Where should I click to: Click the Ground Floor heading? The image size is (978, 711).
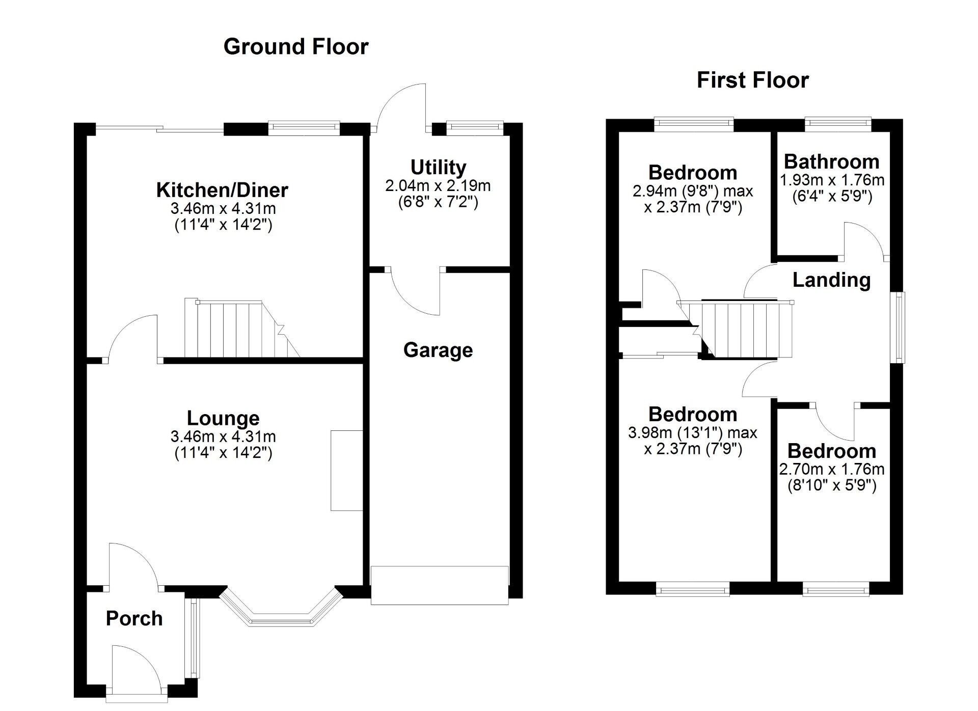click(x=295, y=47)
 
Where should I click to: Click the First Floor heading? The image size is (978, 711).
click(x=752, y=80)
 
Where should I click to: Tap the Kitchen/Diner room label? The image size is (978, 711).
click(x=222, y=190)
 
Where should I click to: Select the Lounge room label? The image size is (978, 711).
click(x=223, y=418)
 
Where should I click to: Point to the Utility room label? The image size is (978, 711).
click(x=438, y=168)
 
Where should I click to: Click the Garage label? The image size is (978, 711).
click(x=438, y=350)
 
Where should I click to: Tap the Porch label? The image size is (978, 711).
click(x=134, y=618)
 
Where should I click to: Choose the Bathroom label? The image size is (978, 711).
click(x=832, y=161)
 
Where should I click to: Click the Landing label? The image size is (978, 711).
click(x=832, y=280)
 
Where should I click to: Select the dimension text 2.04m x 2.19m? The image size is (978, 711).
click(x=438, y=185)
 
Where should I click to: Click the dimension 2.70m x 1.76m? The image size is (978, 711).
click(x=832, y=469)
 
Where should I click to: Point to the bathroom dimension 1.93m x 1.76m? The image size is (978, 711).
click(x=832, y=180)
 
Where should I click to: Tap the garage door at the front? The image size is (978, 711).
click(x=440, y=585)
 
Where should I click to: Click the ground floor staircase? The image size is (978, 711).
click(x=242, y=329)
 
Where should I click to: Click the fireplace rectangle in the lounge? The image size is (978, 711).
click(x=346, y=470)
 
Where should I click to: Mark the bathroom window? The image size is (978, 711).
click(x=838, y=122)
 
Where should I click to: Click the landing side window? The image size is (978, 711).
click(x=901, y=327)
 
